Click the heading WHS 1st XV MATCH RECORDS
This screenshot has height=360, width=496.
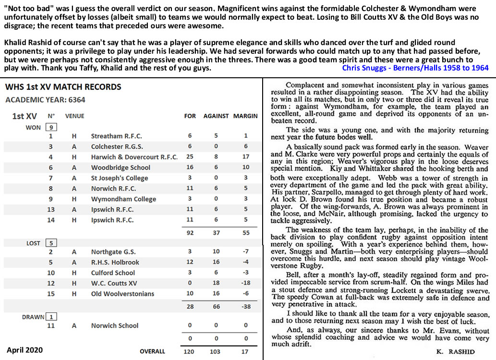coord(63,87)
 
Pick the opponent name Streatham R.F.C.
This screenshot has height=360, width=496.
coord(117,136)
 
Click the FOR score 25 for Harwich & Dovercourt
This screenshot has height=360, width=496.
coord(190,157)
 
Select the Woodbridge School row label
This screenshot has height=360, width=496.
coord(121,168)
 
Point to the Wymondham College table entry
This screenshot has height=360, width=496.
coord(123,199)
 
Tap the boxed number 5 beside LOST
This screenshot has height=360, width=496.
coord(51,243)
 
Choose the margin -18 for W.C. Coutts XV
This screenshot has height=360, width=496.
coord(246,284)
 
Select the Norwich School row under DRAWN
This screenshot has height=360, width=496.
coord(115,325)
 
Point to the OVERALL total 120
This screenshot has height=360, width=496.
coord(190,351)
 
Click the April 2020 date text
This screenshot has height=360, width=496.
coord(24,350)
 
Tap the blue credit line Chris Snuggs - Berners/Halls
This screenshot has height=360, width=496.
coord(415,68)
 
